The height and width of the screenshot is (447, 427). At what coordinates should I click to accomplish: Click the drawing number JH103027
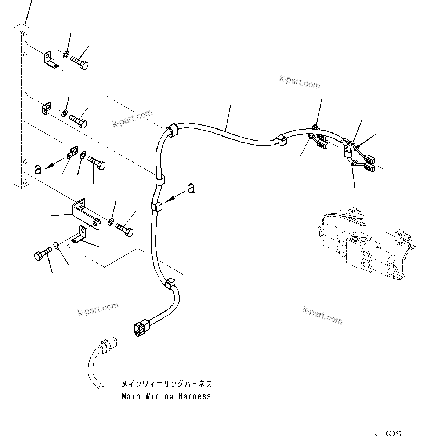388,434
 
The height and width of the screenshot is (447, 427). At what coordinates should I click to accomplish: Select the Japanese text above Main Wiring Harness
167,385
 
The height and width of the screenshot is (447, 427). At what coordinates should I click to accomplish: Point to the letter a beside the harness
191,188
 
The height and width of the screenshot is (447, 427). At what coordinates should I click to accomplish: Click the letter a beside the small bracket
37,169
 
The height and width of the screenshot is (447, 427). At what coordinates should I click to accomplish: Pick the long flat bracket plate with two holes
86,214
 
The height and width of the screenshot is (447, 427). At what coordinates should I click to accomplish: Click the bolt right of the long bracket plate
125,230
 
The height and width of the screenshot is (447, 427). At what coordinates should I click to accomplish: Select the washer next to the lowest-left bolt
57,245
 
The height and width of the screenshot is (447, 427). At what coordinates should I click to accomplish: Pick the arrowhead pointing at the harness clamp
168,200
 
